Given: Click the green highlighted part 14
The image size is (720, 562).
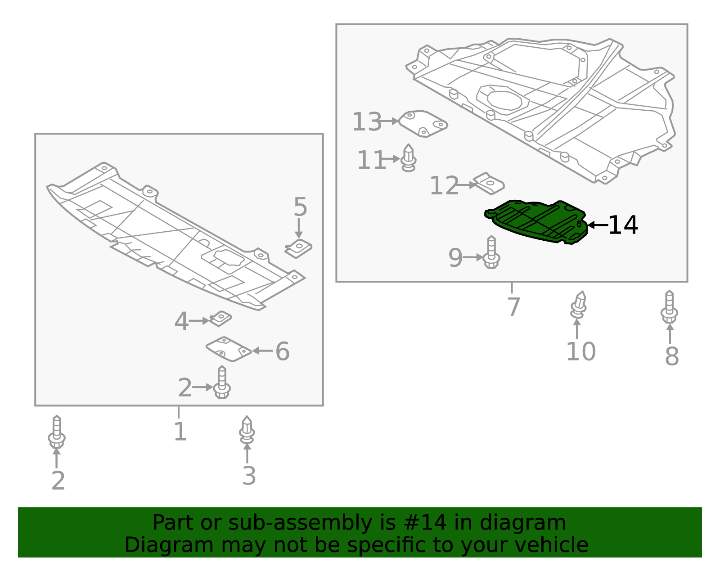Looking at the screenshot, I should coord(535,221).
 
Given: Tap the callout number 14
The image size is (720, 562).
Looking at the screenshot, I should coord(623,225).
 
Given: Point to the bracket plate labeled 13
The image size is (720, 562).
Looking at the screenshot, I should coord(423,123).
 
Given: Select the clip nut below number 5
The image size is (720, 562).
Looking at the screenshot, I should coord(299,248).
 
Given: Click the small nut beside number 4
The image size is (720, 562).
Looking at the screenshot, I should coord(220,319).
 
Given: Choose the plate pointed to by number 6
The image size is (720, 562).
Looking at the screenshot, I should coord(228,349).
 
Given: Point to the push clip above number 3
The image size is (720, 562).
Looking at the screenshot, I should coord(247,430).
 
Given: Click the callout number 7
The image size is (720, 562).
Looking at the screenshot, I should coord(513,307).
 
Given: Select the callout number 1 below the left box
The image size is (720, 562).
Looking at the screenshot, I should coord(180,432).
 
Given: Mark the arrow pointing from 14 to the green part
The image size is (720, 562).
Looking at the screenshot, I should coord(597,225).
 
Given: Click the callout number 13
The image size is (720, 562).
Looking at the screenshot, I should coord(366,122).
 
